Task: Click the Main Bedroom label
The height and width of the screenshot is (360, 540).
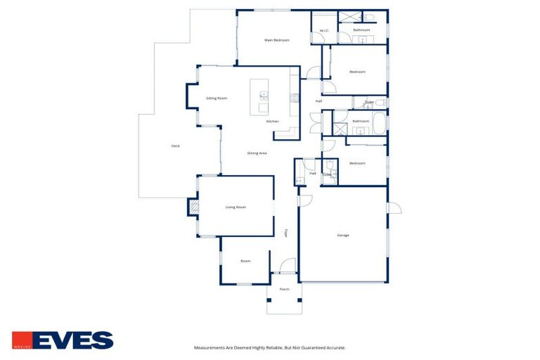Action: (276, 40)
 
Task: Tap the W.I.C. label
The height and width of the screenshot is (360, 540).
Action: (324, 30)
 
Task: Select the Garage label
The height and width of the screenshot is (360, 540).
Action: (343, 235)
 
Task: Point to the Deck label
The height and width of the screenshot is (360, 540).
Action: (176, 146)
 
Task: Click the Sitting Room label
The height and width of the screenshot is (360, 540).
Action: (217, 98)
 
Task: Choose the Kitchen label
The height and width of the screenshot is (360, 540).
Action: (272, 121)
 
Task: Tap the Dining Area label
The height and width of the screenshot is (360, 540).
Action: (257, 153)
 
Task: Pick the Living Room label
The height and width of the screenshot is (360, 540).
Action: (235, 207)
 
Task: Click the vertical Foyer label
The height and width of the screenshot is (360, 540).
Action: (285, 233)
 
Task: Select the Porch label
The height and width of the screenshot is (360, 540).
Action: (285, 289)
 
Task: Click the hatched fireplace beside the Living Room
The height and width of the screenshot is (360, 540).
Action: (193, 207)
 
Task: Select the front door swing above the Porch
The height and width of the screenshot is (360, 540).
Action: (288, 266)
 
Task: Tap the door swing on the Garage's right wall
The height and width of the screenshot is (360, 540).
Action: (394, 209)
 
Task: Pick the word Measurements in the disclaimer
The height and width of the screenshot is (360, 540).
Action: (210, 347)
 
